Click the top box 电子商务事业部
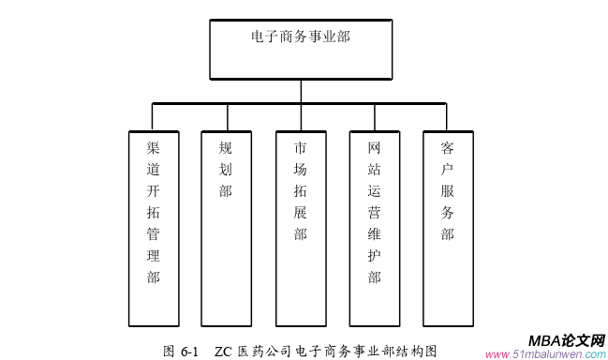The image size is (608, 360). pyautogui.click(x=300, y=49)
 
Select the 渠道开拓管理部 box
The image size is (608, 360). pyautogui.click(x=153, y=228)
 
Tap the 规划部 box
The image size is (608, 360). pyautogui.click(x=226, y=228)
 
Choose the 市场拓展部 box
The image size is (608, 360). pyautogui.click(x=300, y=228)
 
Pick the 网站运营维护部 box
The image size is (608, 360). pyautogui.click(x=375, y=228)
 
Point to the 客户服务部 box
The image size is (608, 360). pyautogui.click(x=448, y=228)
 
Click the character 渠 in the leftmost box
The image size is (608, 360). pyautogui.click(x=153, y=148)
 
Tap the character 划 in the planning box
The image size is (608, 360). pyautogui.click(x=226, y=170)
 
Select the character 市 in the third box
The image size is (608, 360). pyautogui.click(x=300, y=148)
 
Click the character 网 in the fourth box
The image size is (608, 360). pyautogui.click(x=375, y=148)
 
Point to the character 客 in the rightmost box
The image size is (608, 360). pyautogui.click(x=448, y=148)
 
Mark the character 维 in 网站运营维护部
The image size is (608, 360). pyautogui.click(x=375, y=234)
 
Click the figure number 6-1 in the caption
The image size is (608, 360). pyautogui.click(x=192, y=351)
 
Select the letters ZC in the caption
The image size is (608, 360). pyautogui.click(x=223, y=351)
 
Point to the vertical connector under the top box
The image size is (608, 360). pyautogui.click(x=300, y=90)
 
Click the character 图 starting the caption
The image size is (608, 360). pyautogui.click(x=169, y=351)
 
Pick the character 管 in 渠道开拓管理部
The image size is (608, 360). pyautogui.click(x=153, y=234)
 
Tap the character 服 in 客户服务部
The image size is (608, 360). pyautogui.click(x=448, y=191)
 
